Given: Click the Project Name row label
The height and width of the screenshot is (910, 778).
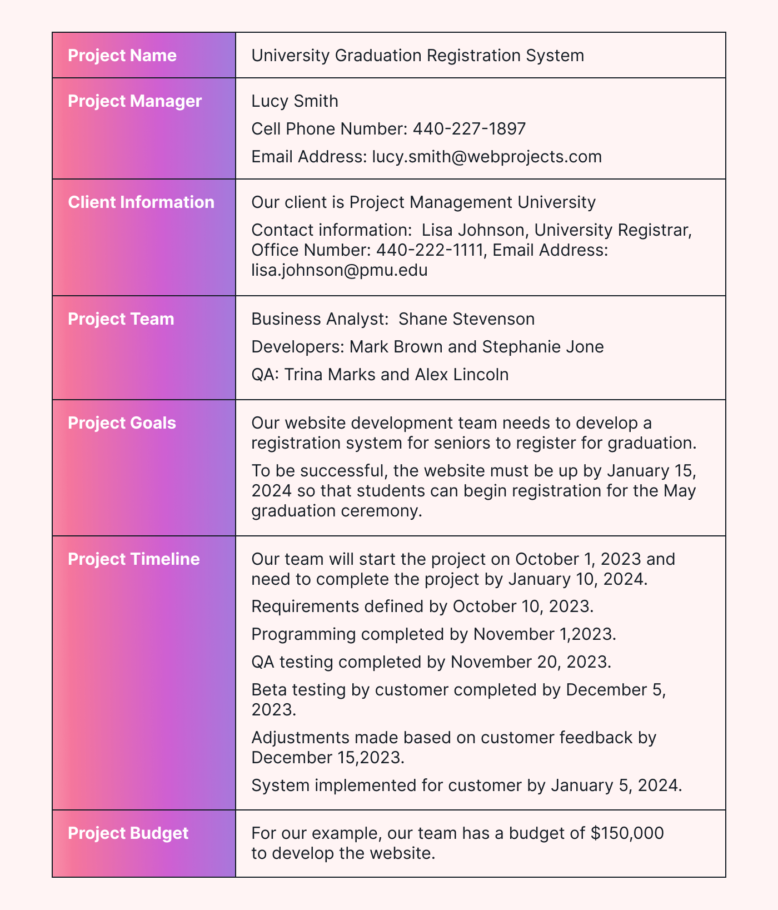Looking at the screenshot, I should [x=122, y=56].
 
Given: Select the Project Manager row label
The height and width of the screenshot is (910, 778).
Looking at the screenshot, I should [x=134, y=101].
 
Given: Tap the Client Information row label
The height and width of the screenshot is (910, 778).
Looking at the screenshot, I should [x=141, y=202].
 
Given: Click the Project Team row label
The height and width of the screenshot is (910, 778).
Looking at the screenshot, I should [x=121, y=319].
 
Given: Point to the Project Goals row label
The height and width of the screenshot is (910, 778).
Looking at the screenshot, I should [x=122, y=423].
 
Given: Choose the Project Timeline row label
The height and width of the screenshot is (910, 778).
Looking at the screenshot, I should [x=133, y=559].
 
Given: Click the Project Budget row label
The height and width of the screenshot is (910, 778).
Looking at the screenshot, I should [x=128, y=833].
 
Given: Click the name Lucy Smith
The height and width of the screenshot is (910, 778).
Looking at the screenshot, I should [x=295, y=101].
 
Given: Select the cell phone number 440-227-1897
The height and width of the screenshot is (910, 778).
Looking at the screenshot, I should [x=469, y=129].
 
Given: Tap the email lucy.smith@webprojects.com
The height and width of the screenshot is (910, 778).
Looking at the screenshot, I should [x=487, y=157].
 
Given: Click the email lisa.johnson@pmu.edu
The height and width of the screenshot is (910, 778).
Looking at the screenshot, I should [x=340, y=271].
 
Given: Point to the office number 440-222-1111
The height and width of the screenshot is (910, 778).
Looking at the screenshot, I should [x=430, y=250].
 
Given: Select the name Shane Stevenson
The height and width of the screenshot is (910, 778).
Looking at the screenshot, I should [x=467, y=319].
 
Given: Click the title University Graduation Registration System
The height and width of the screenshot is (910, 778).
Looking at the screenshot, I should [x=417, y=56].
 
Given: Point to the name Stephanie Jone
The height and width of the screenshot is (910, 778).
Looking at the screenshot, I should [x=542, y=347].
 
